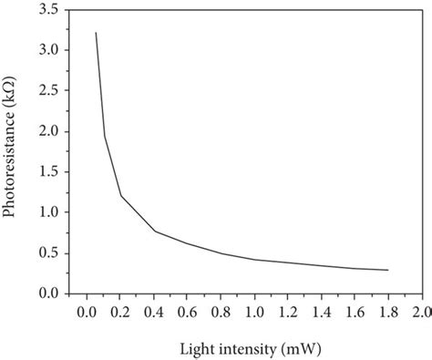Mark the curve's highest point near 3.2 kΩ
(96, 33)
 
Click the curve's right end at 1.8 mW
(387, 270)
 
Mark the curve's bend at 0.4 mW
(155, 231)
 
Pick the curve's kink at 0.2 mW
(121, 195)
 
